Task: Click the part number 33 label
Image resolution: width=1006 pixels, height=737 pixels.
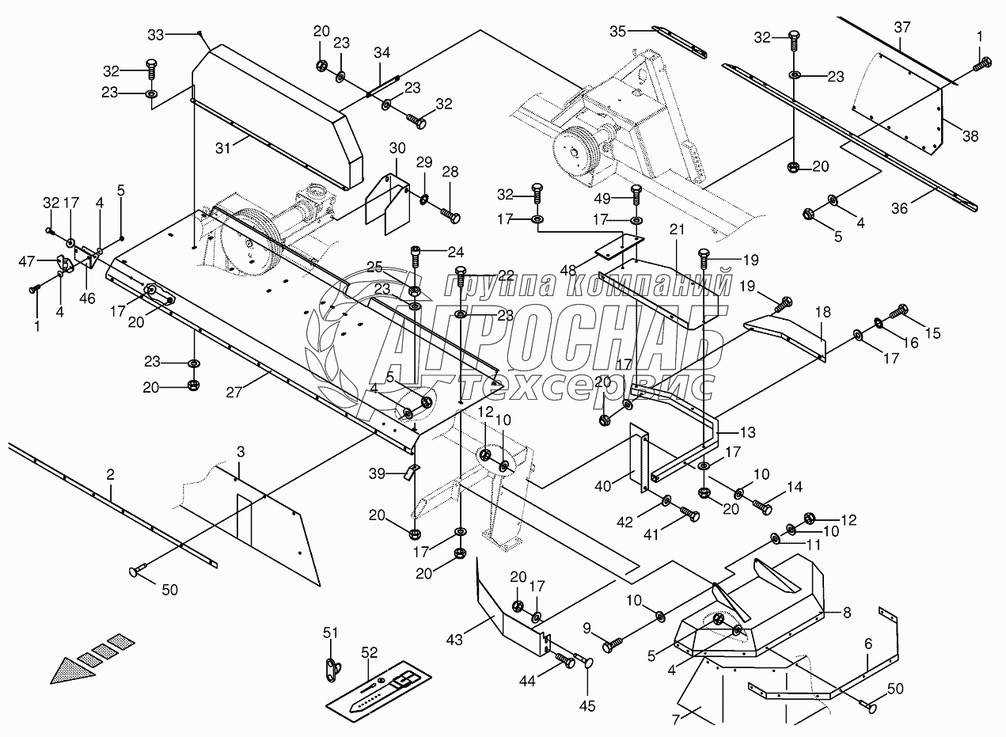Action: coord(156,34)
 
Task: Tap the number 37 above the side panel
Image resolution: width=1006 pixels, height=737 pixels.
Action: coord(903,28)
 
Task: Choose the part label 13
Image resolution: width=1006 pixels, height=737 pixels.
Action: coord(747,432)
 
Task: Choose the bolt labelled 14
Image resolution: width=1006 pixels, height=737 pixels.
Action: coord(761,503)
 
